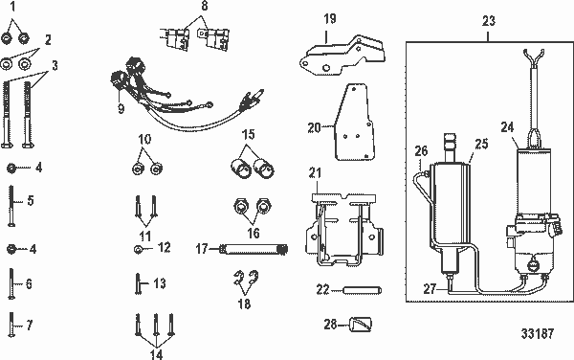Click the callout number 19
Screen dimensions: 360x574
pos(328,18)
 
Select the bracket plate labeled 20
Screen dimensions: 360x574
pos(356,123)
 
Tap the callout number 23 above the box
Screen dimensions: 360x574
pos(489,20)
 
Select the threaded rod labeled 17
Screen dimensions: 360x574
pos(254,250)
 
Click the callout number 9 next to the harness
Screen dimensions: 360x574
pos(121,107)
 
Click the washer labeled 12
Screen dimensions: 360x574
pos(139,249)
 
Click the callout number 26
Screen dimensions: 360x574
pos(420,151)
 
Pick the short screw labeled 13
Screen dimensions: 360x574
pos(136,283)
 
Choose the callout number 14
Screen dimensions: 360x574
pos(155,351)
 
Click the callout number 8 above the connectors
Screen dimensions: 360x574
pos(204,6)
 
